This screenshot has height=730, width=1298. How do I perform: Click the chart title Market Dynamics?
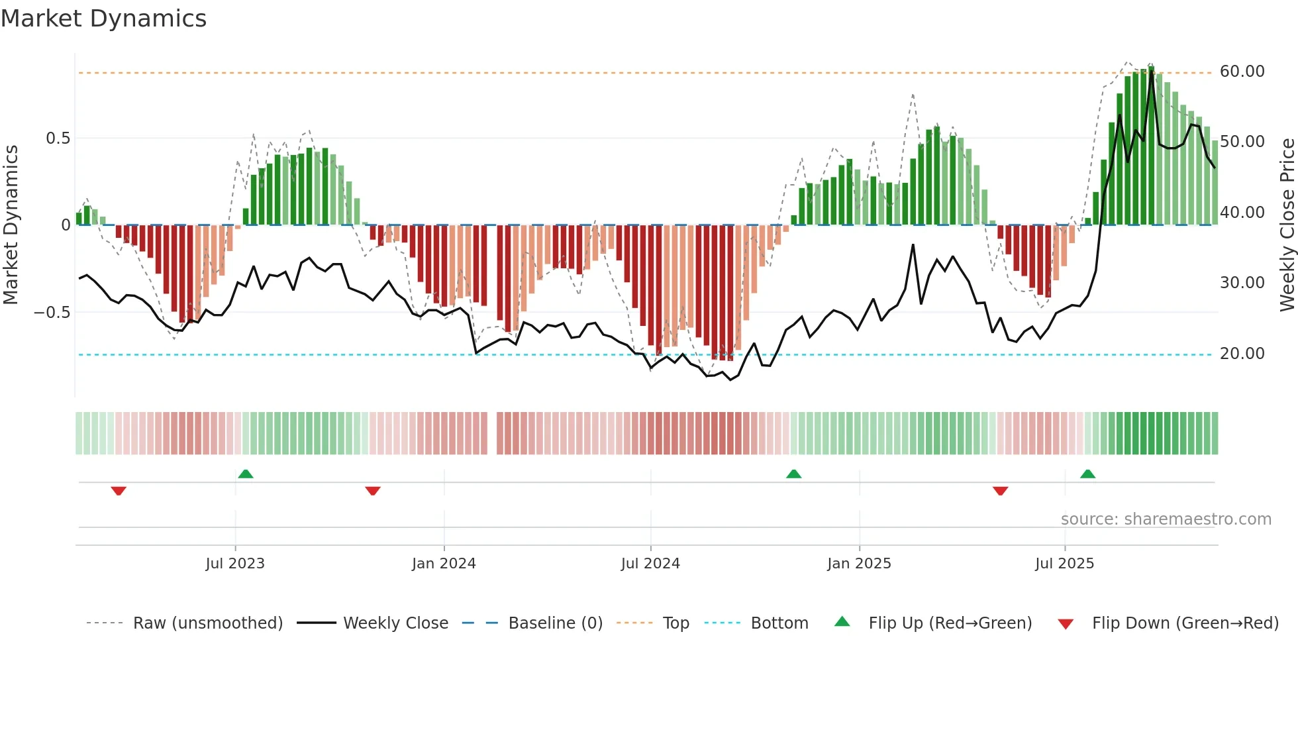click(x=103, y=19)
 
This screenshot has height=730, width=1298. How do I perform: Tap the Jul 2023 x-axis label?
click(x=234, y=564)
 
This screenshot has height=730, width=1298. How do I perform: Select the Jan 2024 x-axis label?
click(x=444, y=564)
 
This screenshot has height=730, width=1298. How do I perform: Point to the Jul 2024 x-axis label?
click(x=650, y=564)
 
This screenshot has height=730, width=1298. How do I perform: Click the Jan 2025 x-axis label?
click(x=859, y=564)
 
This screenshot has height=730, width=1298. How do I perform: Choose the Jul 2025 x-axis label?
click(x=1064, y=564)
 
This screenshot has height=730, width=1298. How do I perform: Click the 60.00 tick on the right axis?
click(x=1242, y=72)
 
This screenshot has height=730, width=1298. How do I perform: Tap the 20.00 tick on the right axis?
click(x=1242, y=354)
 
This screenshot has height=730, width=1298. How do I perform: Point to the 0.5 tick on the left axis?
click(x=58, y=138)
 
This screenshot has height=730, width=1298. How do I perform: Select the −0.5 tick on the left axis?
click(x=52, y=313)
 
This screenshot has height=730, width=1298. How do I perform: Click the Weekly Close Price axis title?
click(x=1287, y=225)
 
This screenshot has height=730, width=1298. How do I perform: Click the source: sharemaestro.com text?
click(x=1166, y=519)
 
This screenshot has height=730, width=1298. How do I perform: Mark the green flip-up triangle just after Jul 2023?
click(x=246, y=474)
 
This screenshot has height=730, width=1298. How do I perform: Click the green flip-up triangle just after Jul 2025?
click(x=1087, y=474)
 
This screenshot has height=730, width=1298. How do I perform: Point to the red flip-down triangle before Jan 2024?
click(x=373, y=491)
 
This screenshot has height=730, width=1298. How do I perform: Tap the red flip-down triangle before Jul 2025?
click(x=1000, y=491)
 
